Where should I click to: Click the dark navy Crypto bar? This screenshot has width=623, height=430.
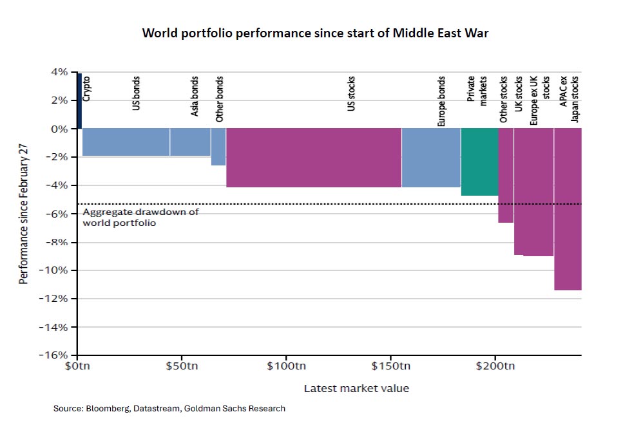(79, 100)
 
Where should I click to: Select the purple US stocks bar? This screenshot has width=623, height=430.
(314, 158)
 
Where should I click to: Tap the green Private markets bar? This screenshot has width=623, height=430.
(479, 162)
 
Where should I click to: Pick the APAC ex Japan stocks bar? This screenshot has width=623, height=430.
(568, 209)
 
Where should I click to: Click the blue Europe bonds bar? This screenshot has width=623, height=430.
(430, 158)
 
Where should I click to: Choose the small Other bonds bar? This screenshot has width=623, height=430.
(218, 147)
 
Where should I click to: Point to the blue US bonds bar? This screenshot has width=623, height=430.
(126, 142)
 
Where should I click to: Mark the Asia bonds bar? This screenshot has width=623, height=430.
(190, 142)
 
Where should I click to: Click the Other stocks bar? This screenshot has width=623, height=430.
(506, 175)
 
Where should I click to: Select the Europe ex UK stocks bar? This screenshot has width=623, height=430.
(538, 192)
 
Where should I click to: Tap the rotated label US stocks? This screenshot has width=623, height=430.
(351, 94)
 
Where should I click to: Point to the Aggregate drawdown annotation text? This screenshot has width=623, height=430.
(140, 218)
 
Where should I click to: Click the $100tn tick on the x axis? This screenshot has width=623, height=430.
(285, 367)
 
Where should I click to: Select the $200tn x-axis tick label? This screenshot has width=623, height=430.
(495, 367)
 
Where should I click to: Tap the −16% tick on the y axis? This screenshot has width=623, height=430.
(55, 355)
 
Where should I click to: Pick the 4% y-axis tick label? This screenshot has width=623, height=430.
(59, 72)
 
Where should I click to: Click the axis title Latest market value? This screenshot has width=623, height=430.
(356, 388)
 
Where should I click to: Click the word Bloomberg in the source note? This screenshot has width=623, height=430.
(106, 409)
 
